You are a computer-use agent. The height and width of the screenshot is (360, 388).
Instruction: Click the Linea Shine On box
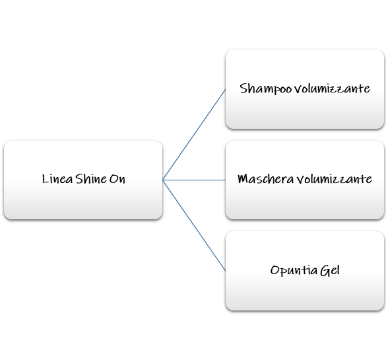[x=83, y=180]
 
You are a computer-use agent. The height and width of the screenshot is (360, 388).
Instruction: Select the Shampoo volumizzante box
[x=305, y=89]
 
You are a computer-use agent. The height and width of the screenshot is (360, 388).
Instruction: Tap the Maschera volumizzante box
[x=305, y=180]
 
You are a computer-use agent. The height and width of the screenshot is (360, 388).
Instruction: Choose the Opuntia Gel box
[x=305, y=271]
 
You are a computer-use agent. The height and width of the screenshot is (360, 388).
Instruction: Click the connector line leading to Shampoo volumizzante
[x=194, y=135]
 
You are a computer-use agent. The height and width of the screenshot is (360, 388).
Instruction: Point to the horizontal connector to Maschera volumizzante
[x=194, y=180]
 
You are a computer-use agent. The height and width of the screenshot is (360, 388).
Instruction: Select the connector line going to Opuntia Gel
[x=194, y=225]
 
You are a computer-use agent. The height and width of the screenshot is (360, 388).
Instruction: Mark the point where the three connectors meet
[x=163, y=180]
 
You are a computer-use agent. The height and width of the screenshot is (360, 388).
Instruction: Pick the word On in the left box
[x=117, y=179]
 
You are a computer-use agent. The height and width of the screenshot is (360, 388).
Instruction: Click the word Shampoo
[x=265, y=89]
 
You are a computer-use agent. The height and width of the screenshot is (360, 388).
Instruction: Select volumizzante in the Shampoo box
[x=332, y=89]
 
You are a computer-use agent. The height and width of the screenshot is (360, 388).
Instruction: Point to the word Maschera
[x=265, y=178]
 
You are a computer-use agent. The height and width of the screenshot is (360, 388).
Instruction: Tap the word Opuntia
[x=294, y=270]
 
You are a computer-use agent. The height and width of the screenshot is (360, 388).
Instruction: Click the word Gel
[x=330, y=270]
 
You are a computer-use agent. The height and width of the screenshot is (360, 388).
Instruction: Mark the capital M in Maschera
[x=243, y=178]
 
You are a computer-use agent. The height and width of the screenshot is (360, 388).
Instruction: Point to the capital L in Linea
[x=45, y=178]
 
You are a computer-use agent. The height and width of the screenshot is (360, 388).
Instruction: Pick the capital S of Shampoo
[x=243, y=89]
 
